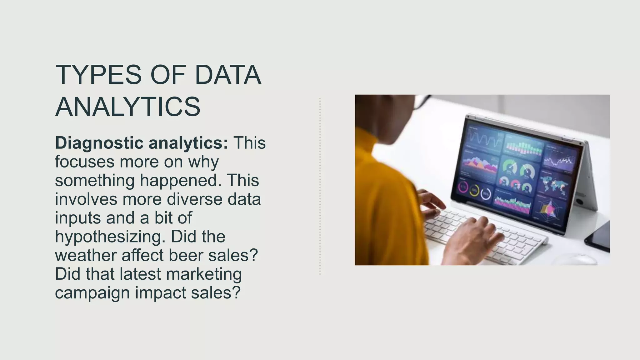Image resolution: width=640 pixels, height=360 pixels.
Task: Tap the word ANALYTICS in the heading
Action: click(x=127, y=107)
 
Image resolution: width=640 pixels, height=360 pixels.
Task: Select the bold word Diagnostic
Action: click(x=99, y=143)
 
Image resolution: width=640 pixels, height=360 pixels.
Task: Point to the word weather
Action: click(x=86, y=255)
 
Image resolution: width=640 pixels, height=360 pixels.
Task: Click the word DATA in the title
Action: click(x=228, y=75)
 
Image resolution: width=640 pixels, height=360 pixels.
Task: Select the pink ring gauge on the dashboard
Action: click(x=463, y=187)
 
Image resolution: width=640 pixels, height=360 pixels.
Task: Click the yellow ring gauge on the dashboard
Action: click(x=474, y=190)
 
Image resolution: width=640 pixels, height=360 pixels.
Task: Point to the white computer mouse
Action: click(x=575, y=259)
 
